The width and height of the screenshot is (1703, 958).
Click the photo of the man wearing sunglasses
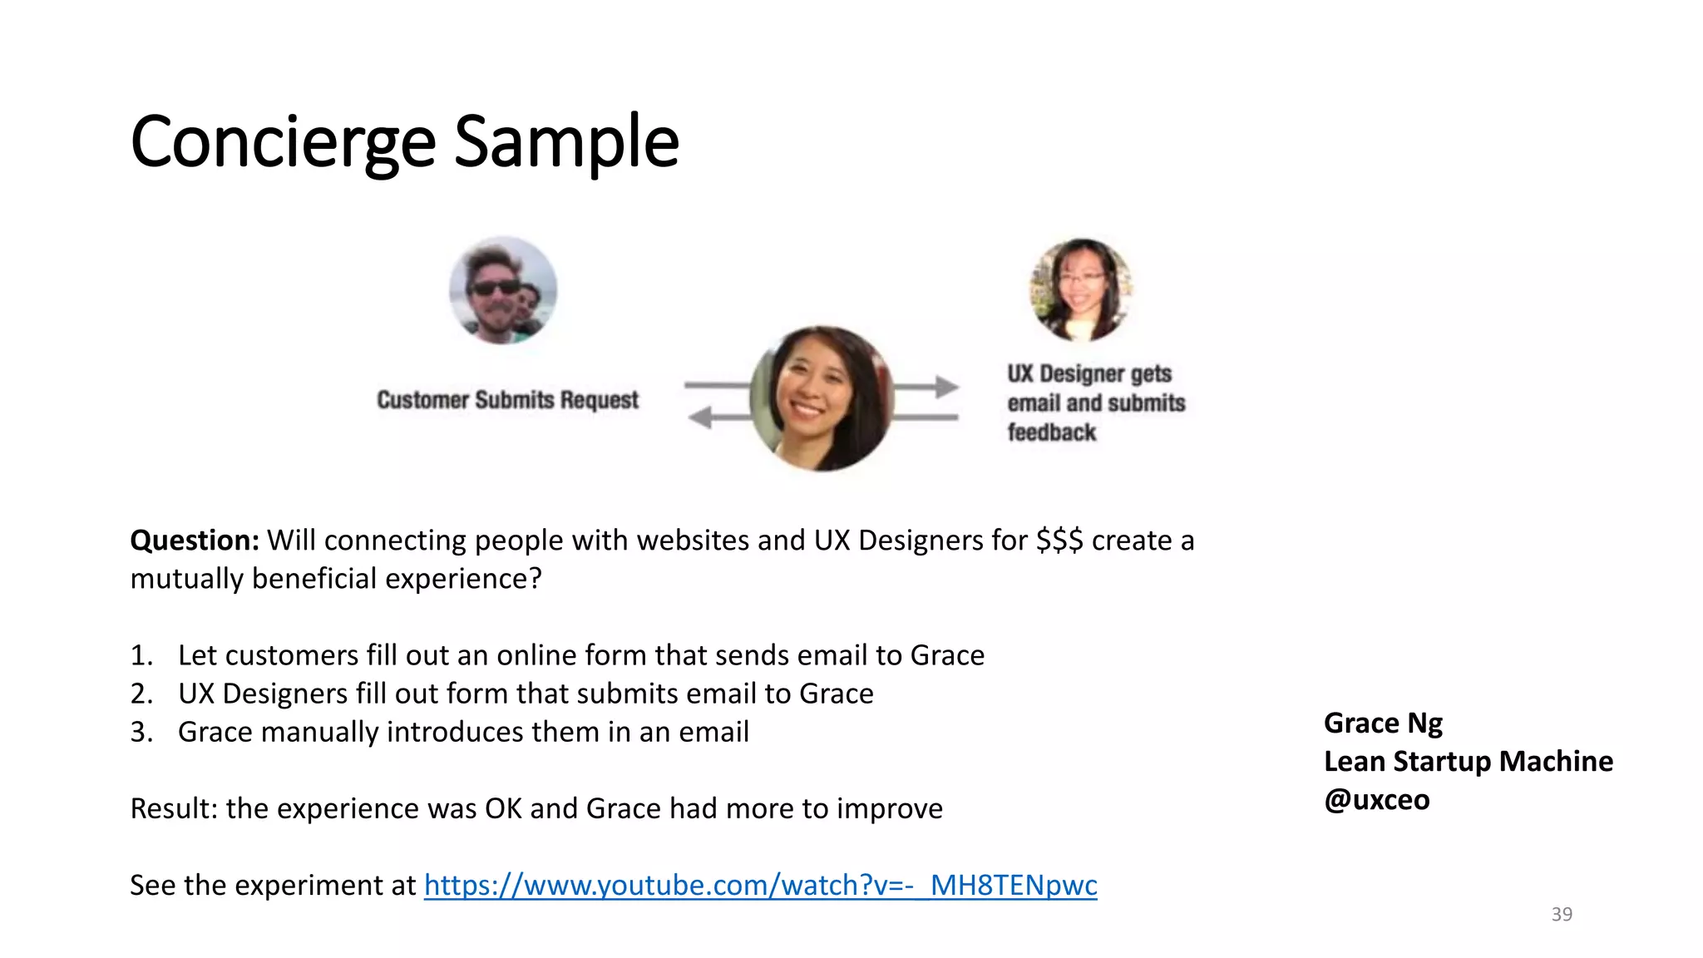(503, 290)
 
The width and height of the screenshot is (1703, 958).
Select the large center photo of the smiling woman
(822, 399)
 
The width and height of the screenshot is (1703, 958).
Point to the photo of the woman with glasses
(1080, 290)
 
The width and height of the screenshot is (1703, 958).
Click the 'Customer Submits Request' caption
(507, 400)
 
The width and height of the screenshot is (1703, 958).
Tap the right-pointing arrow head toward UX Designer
(946, 387)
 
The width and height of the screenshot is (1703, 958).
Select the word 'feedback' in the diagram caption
(1052, 432)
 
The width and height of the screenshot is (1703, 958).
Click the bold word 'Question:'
(195, 541)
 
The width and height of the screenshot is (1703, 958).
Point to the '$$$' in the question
(1059, 541)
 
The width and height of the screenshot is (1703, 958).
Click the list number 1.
(141, 655)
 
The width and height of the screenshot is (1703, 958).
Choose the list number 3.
(141, 732)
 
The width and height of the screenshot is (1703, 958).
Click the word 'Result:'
(174, 808)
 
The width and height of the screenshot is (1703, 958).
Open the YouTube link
(760, 885)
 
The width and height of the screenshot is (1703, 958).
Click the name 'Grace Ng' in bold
(1383, 723)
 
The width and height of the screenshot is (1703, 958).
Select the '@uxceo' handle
(1376, 800)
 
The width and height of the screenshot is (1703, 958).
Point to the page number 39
(1562, 914)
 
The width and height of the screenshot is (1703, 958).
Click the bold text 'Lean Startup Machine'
(1469, 762)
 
